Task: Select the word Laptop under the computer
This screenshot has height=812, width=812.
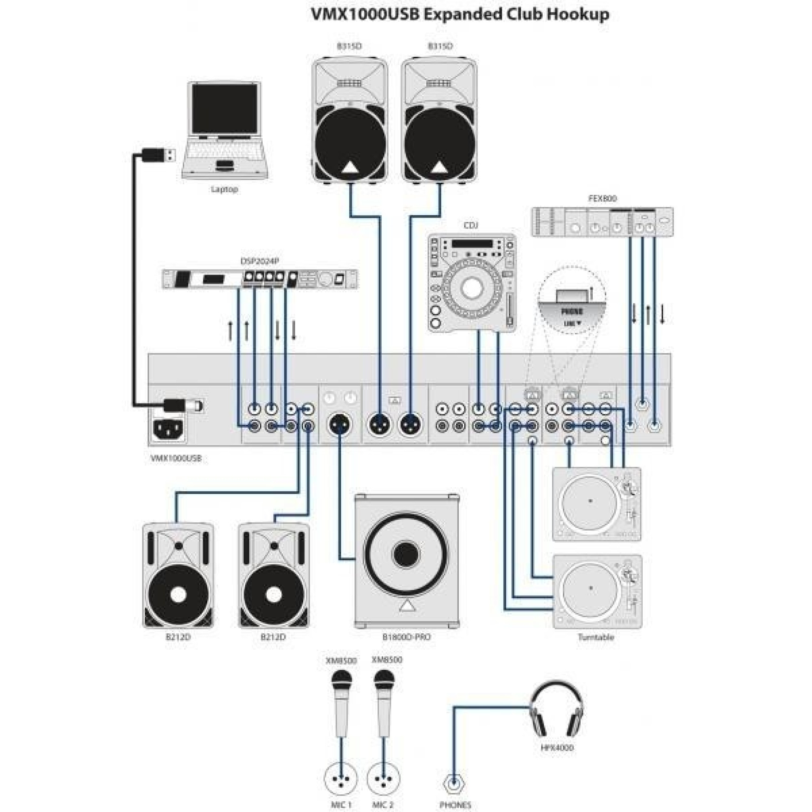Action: [x=225, y=190]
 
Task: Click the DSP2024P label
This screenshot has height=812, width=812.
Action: [x=259, y=261]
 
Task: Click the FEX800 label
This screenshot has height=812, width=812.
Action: [x=602, y=199]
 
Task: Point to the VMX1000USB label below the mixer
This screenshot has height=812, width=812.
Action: [x=176, y=458]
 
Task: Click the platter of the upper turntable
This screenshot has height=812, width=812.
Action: [x=590, y=501]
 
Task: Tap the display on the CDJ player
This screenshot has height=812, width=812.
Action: [x=471, y=244]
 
